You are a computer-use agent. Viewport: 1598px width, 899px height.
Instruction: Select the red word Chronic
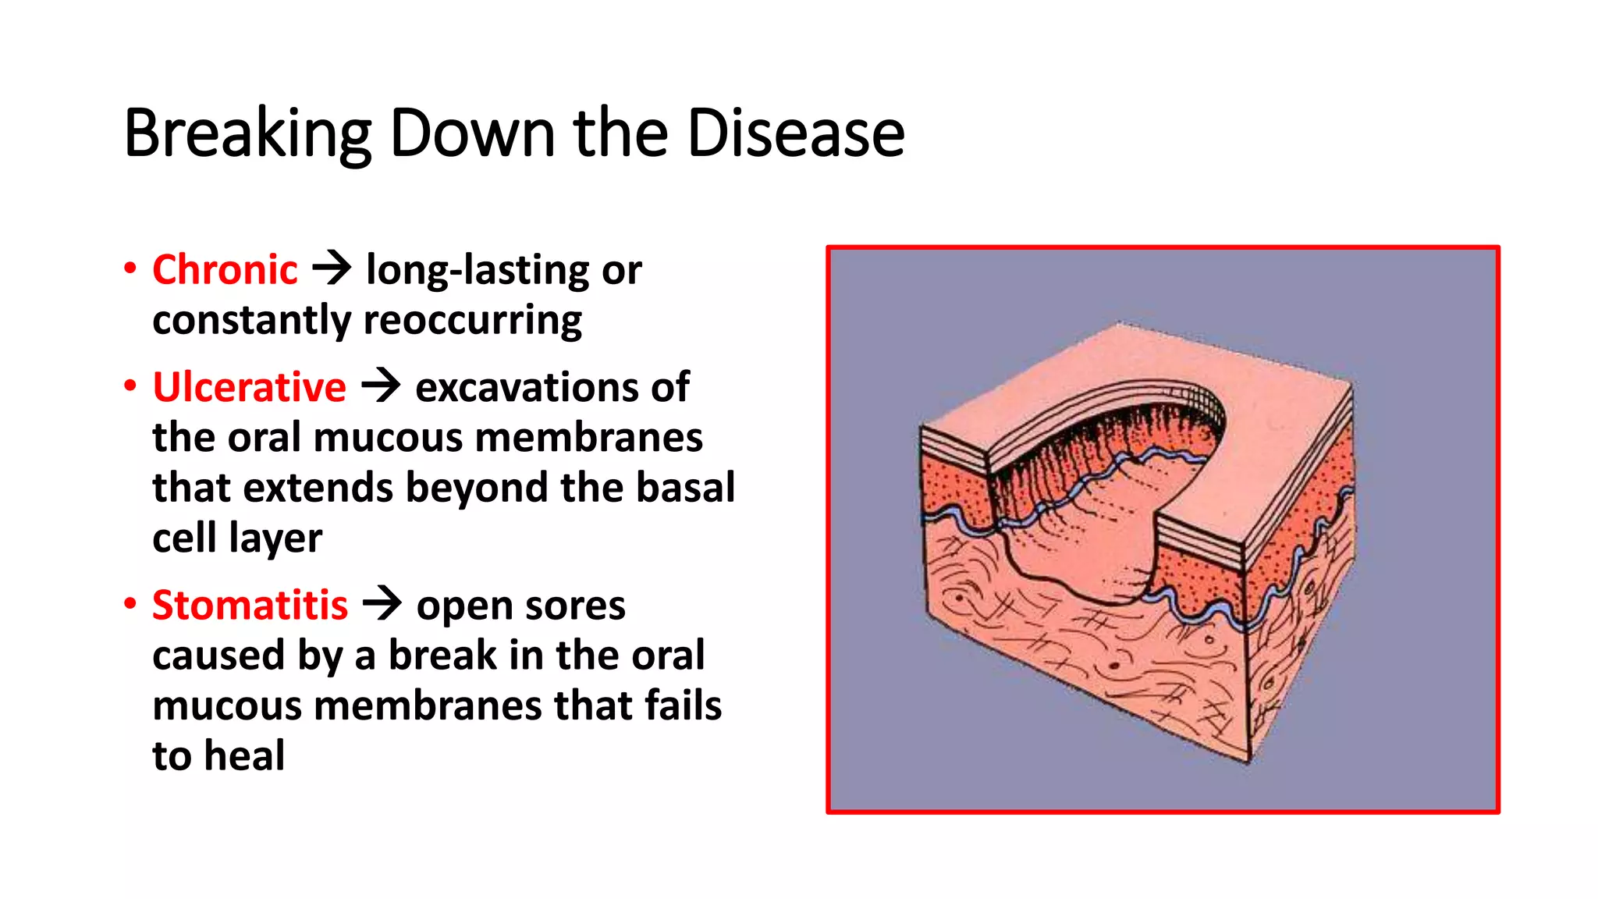[225, 270]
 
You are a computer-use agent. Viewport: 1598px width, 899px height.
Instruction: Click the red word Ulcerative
[249, 387]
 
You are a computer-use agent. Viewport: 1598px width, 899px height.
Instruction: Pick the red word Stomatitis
[250, 606]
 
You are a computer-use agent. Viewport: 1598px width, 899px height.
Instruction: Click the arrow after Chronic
[332, 268]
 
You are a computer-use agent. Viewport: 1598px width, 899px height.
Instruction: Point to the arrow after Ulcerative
[381, 386]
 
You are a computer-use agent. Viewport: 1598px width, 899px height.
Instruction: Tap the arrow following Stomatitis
[382, 604]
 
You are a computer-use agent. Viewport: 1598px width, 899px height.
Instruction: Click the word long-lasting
[477, 270]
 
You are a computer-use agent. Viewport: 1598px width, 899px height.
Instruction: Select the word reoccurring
[473, 321]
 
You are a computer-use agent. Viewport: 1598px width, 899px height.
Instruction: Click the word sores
[580, 606]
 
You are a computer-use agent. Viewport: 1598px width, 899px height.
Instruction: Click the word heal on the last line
[245, 755]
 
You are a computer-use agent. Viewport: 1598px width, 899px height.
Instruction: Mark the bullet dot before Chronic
[130, 268]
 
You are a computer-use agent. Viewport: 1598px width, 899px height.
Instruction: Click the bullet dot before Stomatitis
[130, 604]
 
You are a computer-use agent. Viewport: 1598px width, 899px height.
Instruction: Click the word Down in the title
[473, 133]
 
